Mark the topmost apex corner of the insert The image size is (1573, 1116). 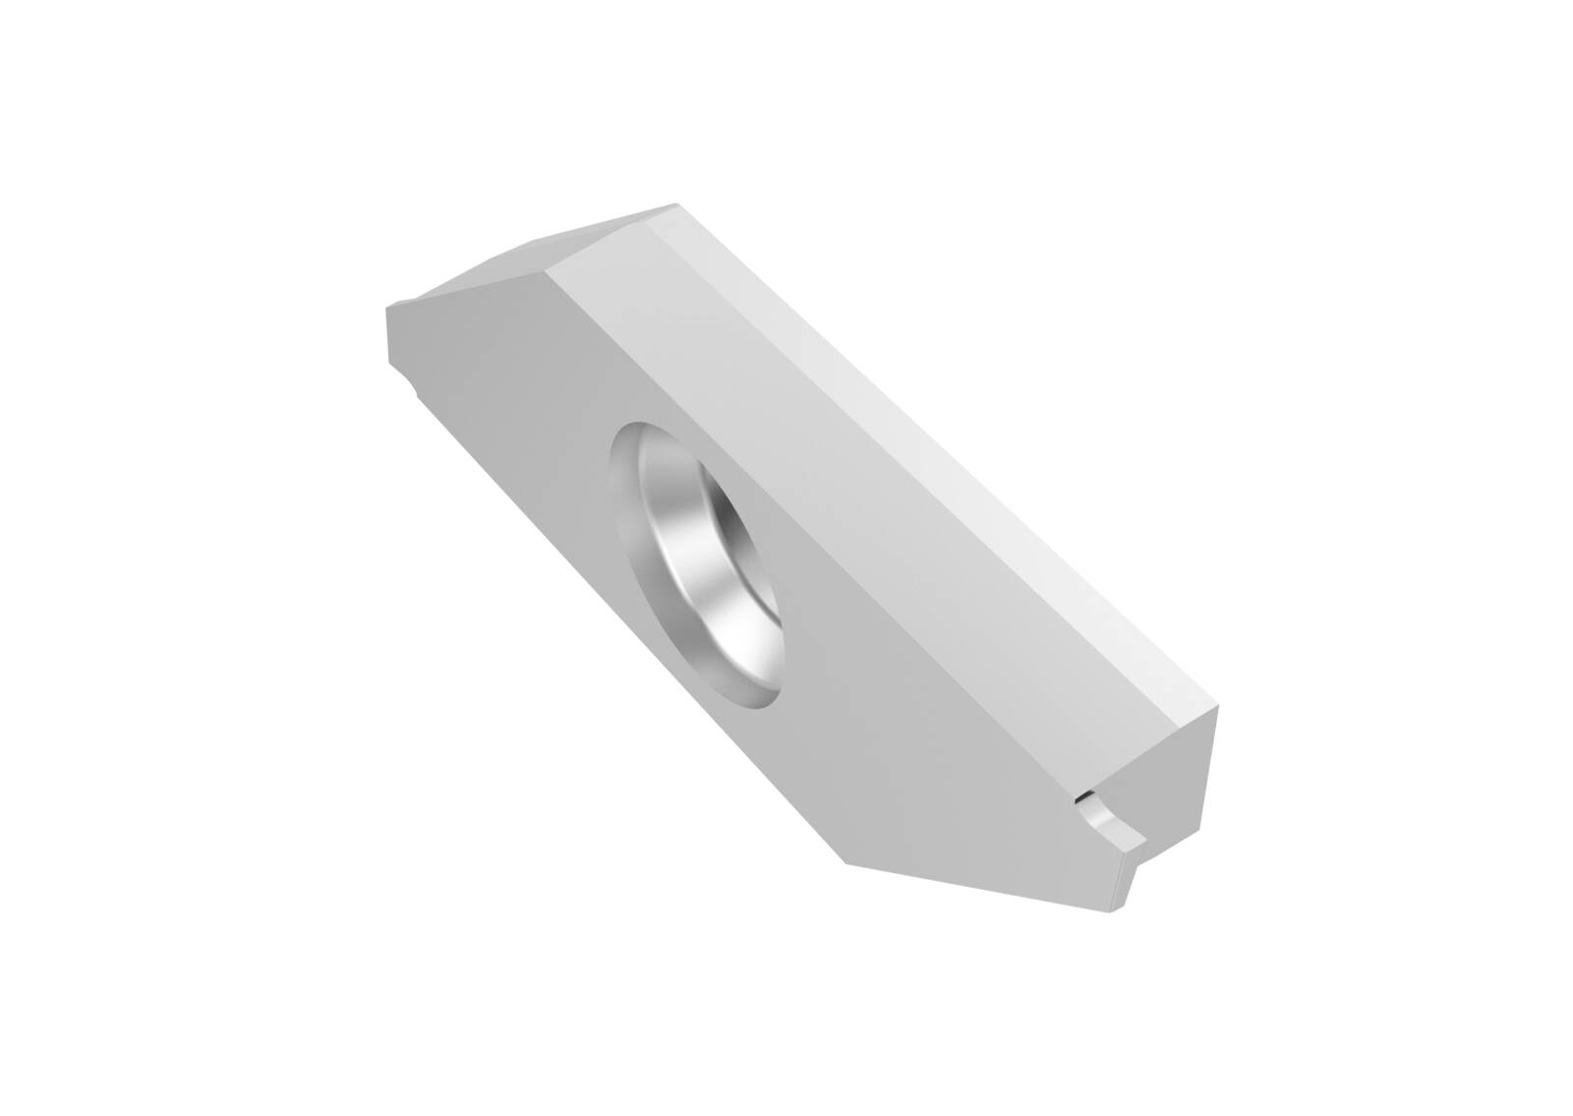676,205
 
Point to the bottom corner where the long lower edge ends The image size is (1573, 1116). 845,863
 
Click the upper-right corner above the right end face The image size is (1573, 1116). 1216,705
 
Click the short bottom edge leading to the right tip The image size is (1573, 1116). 983,885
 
